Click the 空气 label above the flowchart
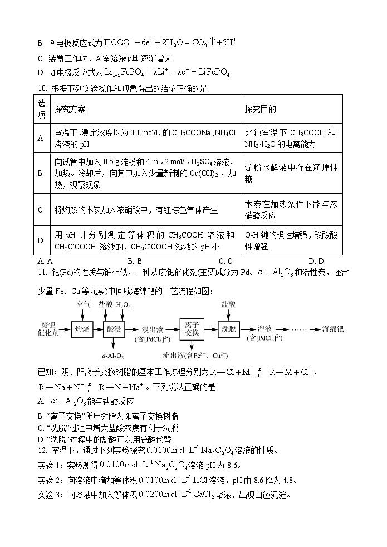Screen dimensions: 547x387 [x=83, y=305]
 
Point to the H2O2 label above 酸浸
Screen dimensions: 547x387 [x=125, y=305]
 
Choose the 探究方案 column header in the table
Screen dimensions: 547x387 [x=70, y=110]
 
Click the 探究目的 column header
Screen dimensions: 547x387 [x=261, y=110]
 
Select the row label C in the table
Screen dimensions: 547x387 [x=40, y=210]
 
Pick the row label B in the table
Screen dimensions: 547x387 [x=40, y=173]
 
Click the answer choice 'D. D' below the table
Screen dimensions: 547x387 [x=316, y=260]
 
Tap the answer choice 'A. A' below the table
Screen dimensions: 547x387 [x=45, y=260]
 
